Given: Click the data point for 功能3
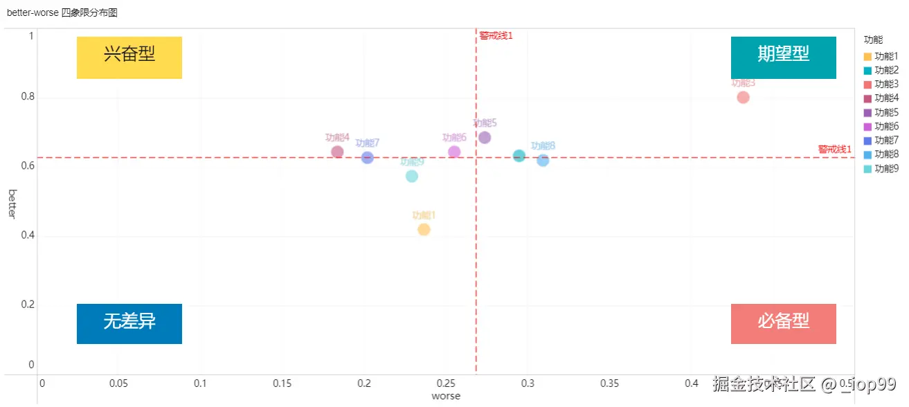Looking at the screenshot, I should tap(743, 98).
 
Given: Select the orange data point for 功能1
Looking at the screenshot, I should tap(424, 230).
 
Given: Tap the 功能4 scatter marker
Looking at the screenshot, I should tap(337, 152).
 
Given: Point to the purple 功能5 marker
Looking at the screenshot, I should tap(485, 138).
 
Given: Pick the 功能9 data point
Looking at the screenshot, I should tap(412, 177).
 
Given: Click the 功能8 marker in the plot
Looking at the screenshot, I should tap(543, 161).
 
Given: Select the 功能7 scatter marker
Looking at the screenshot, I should tap(368, 158).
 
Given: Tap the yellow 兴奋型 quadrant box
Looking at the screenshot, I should tap(129, 57).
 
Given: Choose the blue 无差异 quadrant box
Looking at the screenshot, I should tap(129, 324).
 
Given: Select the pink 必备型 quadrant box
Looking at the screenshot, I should tap(783, 324).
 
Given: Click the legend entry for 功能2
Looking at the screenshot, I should tap(881, 70).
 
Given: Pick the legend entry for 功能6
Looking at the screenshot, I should tap(881, 126).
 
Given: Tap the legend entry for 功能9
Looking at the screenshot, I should tap(881, 168).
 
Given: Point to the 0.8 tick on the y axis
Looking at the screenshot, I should tap(27, 98).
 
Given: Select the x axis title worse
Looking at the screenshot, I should tap(446, 397).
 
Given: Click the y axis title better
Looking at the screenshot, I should tap(12, 203).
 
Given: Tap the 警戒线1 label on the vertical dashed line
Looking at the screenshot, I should tap(496, 35).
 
